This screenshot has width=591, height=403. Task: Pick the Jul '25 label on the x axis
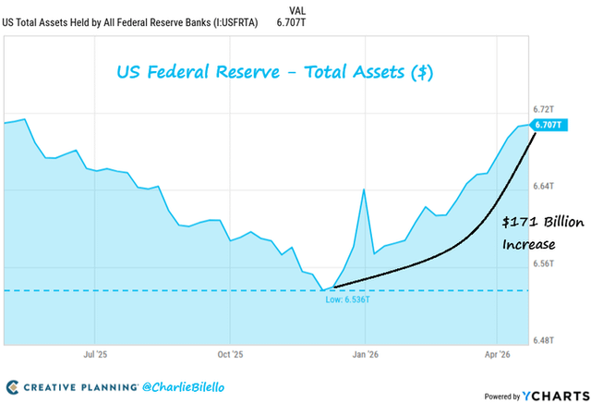tap(96, 354)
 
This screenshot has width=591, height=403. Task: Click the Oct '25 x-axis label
tap(230, 354)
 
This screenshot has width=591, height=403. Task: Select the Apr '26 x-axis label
tap(499, 354)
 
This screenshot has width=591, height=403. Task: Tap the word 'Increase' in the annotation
tap(528, 245)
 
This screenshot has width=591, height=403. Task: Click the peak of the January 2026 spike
tap(364, 189)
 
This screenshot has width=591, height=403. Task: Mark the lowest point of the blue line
tap(324, 289)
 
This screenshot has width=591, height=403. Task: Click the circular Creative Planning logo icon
tap(13, 385)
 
